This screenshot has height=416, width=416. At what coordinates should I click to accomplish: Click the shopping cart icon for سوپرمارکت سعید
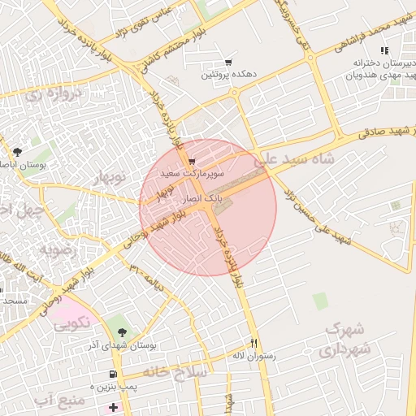(x=191, y=162)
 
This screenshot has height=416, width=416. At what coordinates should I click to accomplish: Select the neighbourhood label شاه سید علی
(x=293, y=159)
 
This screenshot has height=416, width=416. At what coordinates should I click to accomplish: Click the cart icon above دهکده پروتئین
(x=228, y=63)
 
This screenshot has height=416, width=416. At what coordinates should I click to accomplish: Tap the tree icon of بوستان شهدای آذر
(x=123, y=331)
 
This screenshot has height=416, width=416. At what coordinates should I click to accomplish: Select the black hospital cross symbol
(x=113, y=405)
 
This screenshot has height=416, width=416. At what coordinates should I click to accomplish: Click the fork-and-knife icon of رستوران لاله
(x=254, y=343)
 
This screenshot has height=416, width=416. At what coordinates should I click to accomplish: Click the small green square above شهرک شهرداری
(x=320, y=300)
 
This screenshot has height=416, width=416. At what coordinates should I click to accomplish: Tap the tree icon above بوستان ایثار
(x=18, y=151)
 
